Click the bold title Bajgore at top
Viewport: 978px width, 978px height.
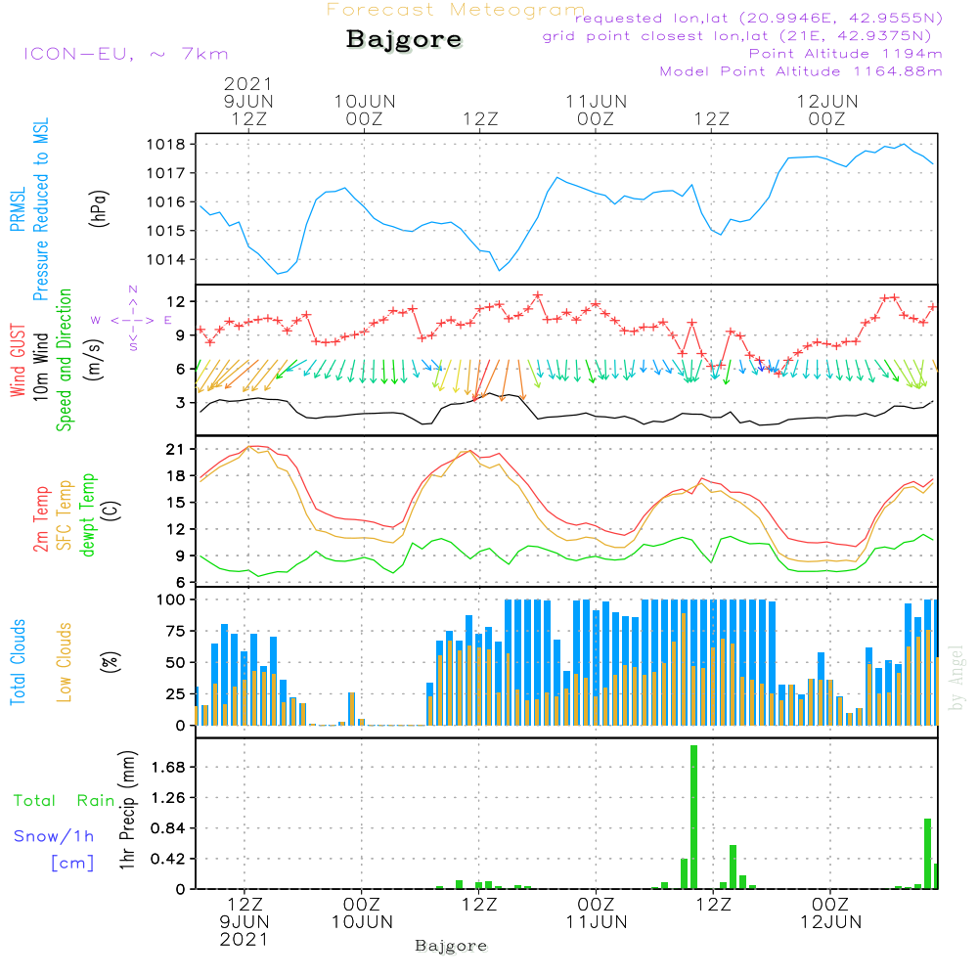404,41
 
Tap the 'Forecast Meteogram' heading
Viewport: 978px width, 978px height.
456,11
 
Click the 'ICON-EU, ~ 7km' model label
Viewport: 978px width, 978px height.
125,54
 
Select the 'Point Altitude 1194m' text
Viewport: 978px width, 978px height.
846,54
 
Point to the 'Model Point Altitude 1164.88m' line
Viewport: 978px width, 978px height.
801,71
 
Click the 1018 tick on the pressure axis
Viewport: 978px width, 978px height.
168,145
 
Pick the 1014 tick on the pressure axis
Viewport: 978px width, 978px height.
168,260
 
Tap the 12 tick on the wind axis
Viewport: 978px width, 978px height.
176,301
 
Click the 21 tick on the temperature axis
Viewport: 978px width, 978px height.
176,449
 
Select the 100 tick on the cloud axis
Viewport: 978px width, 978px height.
172,599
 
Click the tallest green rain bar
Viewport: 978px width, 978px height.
693,817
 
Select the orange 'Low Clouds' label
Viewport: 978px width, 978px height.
66,661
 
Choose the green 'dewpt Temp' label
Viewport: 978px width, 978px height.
88,515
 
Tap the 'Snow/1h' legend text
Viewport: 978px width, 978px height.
55,836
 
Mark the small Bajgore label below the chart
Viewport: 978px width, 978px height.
451,946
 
